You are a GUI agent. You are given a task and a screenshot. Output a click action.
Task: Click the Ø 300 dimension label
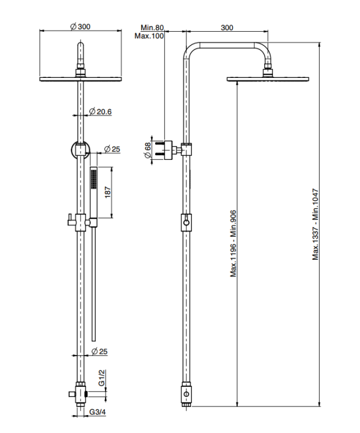point(80,27)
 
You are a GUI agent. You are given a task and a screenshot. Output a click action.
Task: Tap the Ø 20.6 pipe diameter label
point(100,111)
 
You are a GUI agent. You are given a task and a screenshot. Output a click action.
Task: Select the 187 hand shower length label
point(107,192)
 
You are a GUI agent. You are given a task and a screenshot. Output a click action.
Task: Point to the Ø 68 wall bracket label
point(147,150)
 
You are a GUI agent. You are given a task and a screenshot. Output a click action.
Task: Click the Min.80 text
point(152,28)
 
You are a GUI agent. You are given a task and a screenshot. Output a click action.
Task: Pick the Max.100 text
point(149,36)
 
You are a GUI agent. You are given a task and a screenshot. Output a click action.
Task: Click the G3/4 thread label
point(97,412)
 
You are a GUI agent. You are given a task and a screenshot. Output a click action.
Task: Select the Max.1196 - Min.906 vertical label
point(234,243)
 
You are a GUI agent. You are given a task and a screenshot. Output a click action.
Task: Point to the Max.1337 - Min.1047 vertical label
point(316,224)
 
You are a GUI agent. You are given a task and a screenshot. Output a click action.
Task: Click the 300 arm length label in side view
point(227,28)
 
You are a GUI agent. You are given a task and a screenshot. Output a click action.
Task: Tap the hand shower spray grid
point(94,179)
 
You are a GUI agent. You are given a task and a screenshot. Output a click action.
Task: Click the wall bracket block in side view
point(168,150)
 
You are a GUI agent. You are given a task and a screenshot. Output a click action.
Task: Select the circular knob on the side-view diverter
point(186,223)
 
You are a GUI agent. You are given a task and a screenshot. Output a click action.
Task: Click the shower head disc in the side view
point(268,79)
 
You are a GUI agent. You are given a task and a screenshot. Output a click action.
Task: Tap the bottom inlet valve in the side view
point(186,393)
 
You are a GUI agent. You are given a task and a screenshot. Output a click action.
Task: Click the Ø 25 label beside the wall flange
point(112,149)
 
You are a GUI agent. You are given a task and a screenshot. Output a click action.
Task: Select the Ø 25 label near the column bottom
point(99,351)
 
